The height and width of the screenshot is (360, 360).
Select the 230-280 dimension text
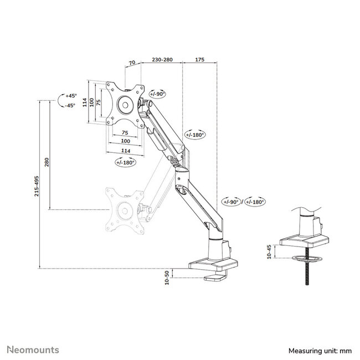click(x=162, y=58)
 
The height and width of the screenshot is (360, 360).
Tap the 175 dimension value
click(x=199, y=58)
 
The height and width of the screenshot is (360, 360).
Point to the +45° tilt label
click(x=70, y=95)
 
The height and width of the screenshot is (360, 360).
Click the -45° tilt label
click(x=70, y=105)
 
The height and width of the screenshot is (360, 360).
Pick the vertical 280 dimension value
click(x=47, y=163)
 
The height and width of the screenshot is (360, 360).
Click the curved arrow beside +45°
click(x=61, y=100)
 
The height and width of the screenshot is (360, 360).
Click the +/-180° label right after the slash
click(x=255, y=202)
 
